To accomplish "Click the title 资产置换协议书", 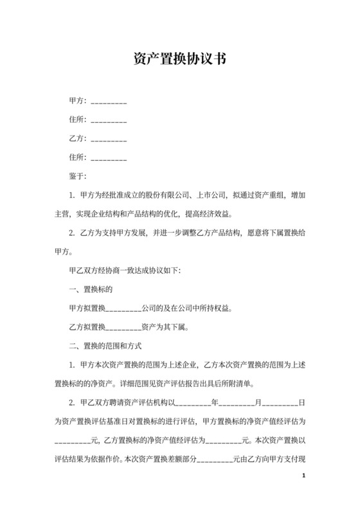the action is point(179,60).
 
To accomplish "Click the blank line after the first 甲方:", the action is point(109,102).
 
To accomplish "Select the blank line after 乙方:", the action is point(109,139).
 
